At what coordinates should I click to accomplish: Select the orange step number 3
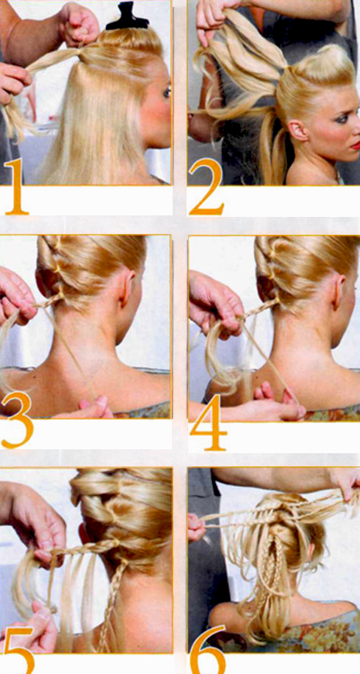click(17, 419)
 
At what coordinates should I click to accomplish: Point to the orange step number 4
click(209, 421)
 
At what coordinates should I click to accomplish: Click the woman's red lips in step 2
click(356, 146)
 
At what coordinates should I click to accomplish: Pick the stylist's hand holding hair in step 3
click(17, 296)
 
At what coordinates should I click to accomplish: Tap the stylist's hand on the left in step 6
click(196, 527)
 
